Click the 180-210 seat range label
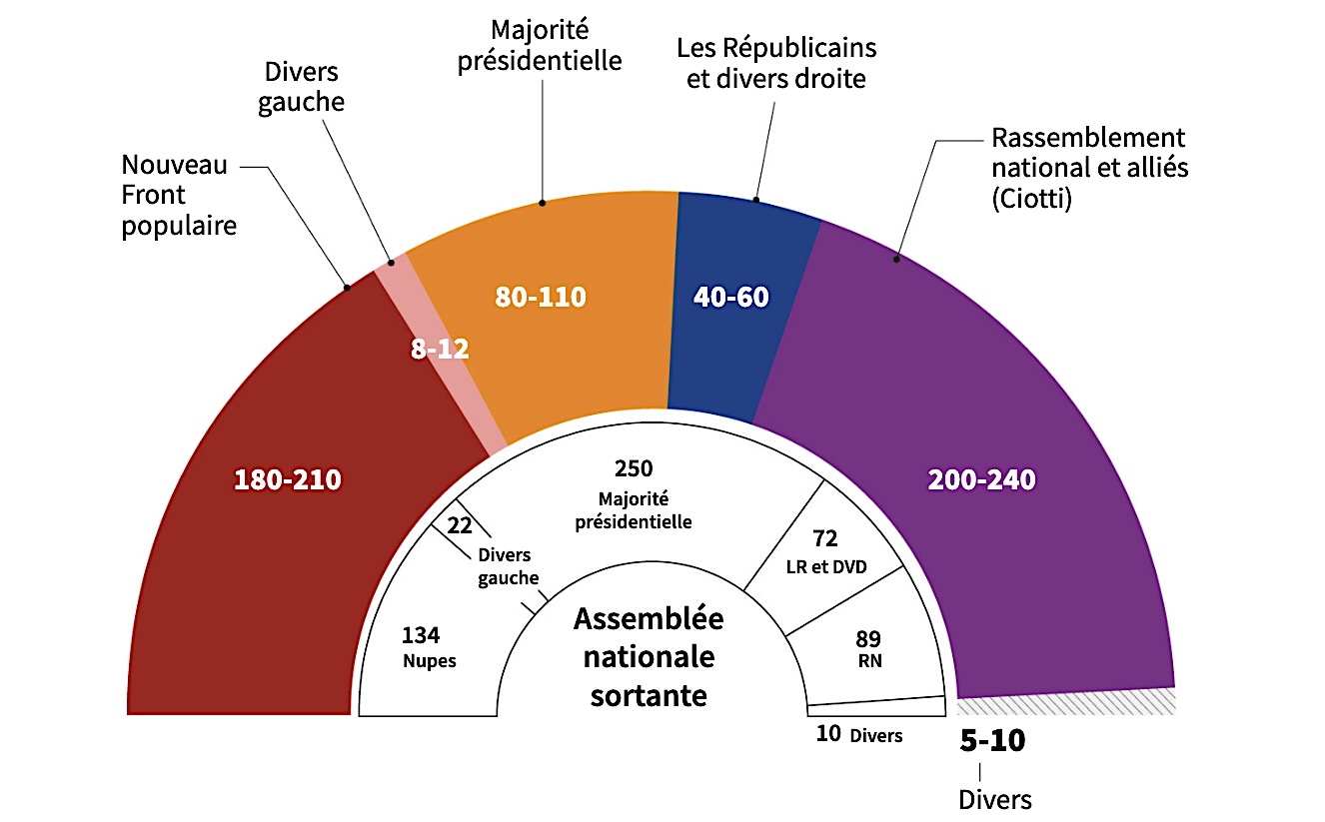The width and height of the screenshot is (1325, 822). click(x=288, y=480)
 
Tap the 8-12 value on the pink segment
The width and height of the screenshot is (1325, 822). click(x=441, y=350)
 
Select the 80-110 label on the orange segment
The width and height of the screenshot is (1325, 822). click(x=541, y=297)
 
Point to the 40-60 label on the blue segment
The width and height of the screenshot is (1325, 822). click(x=732, y=297)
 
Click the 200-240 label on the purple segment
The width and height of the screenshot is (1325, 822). click(x=981, y=480)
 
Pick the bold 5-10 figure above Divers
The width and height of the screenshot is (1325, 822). click(x=992, y=741)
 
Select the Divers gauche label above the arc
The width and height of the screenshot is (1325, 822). click(x=301, y=88)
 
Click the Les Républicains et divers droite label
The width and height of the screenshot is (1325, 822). click(x=776, y=63)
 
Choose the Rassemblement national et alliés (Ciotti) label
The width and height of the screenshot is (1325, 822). click(x=1089, y=168)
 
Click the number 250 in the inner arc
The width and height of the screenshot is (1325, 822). click(x=634, y=469)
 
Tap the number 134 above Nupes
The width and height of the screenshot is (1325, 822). click(x=421, y=635)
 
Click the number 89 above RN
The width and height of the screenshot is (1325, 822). click(x=868, y=638)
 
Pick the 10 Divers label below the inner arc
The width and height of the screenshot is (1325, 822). click(x=858, y=735)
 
